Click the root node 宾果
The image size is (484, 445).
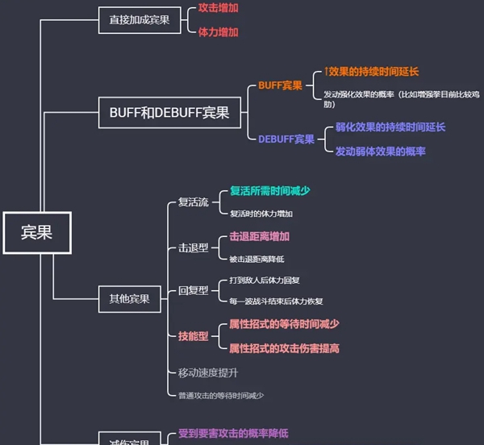36,232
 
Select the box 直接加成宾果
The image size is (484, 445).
139,19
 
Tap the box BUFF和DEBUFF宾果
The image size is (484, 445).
169,113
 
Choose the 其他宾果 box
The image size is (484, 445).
129,299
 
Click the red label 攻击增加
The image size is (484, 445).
218,7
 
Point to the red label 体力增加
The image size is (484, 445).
218,32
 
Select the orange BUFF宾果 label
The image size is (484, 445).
280,85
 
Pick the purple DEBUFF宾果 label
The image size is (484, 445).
286,139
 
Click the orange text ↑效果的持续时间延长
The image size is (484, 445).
371,72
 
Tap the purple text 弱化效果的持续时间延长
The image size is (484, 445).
390,127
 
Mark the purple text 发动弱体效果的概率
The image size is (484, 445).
380,151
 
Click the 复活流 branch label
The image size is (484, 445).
194,202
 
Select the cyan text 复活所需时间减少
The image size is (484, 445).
270,191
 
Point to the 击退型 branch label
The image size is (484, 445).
194,247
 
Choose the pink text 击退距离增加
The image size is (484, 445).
259,237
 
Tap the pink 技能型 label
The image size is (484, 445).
194,336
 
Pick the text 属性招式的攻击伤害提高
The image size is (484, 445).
284,348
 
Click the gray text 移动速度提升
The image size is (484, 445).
208,372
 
